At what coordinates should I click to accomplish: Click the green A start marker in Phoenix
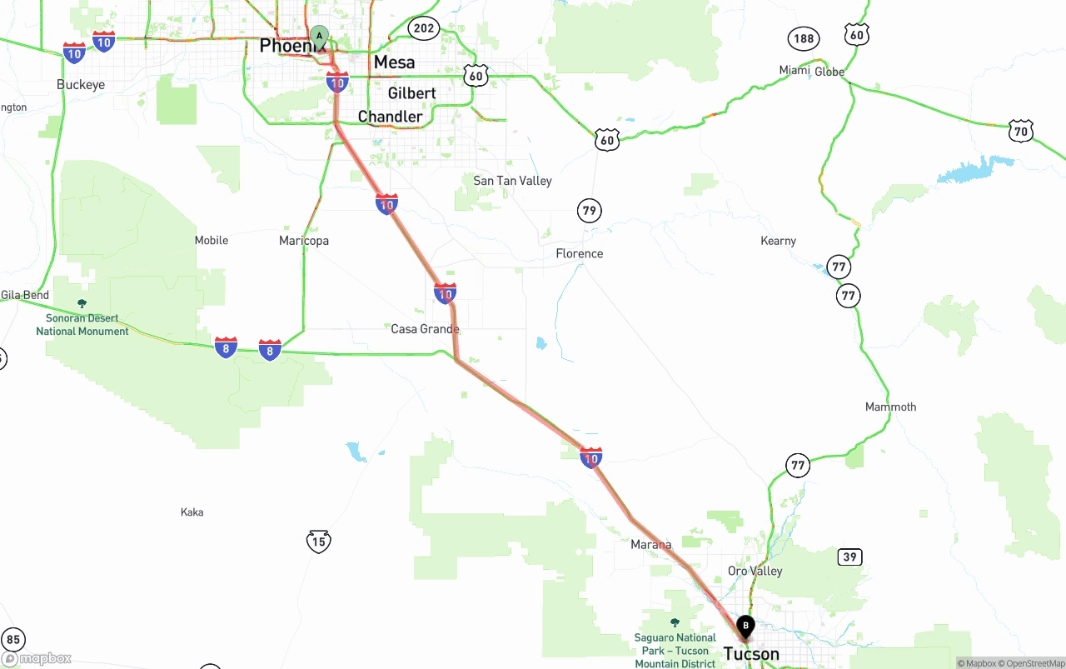coord(319,37)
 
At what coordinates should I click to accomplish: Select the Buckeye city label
coord(81,85)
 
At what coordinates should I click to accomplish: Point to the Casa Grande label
coord(425,329)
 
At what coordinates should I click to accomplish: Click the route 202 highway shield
coord(424,28)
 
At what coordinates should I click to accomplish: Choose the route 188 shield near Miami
coord(804,38)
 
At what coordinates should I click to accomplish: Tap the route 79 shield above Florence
coord(590,210)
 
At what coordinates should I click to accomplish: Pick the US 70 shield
coord(1021,131)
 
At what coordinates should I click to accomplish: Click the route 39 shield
coord(849,557)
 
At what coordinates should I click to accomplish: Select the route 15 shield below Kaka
coord(318,542)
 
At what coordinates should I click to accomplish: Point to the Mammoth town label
coord(890,407)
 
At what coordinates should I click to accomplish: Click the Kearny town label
coord(778,241)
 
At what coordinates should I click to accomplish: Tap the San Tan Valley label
coord(512,181)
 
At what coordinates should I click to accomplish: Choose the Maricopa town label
coord(304,241)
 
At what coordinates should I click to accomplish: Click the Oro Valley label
coord(755,571)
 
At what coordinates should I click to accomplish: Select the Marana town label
coord(650,545)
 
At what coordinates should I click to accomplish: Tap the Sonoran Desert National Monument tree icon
coord(82,303)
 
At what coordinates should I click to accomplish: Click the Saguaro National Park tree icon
coord(675,622)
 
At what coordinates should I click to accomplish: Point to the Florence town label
coord(579,253)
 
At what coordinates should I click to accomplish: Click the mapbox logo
coord(37,658)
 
